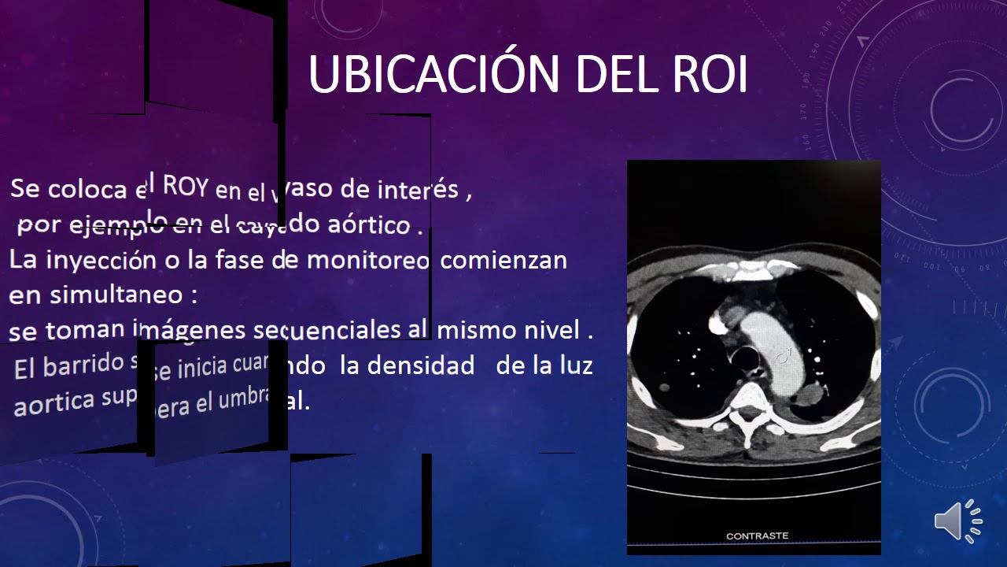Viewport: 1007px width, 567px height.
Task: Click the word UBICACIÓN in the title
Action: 434,74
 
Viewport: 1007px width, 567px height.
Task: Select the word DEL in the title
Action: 613,74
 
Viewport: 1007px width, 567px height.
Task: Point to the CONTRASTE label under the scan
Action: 757,536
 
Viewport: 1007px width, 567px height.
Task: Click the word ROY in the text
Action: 185,187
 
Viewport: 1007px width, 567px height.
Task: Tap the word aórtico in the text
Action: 369,225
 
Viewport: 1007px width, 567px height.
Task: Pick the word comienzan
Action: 503,260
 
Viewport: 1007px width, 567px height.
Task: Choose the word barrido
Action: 83,366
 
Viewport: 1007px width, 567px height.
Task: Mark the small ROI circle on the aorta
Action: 782,357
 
